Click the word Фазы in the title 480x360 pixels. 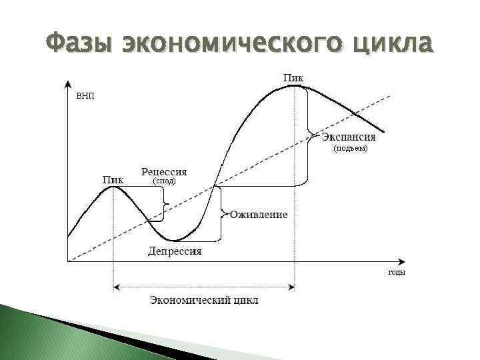coord(79,45)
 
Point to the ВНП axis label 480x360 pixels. coord(85,96)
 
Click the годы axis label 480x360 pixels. coord(397,272)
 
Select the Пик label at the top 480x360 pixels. coord(293,77)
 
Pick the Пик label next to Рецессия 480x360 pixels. coord(113,179)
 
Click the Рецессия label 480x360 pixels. coord(164,171)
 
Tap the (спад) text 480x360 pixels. coord(164,181)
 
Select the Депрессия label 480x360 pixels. coord(175,251)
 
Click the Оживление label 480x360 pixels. coord(259,215)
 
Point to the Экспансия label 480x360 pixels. coord(349,137)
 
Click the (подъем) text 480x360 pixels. coord(350,149)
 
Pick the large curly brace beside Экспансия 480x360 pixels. coord(307,137)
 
